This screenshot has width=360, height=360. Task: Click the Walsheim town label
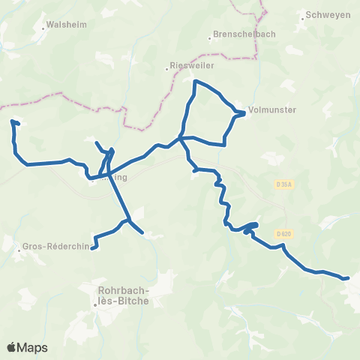(67, 24)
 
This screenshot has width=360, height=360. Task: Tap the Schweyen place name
(328, 15)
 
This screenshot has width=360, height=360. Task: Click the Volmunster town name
(271, 109)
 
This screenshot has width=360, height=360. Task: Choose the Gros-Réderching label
(60, 245)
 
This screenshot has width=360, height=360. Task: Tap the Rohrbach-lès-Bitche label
(124, 295)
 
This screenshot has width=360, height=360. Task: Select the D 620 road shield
(283, 233)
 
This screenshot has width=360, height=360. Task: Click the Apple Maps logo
(27, 347)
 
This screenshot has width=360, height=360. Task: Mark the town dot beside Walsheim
(42, 24)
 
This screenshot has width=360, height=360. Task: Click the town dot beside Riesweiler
(167, 67)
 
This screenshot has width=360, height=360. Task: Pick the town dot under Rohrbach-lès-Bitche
(96, 304)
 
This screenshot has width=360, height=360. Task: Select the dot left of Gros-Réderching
(19, 248)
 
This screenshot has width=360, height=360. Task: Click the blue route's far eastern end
(349, 278)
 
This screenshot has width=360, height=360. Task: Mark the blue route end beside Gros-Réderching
(92, 247)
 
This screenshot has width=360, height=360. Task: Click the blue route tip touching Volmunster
(244, 114)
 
